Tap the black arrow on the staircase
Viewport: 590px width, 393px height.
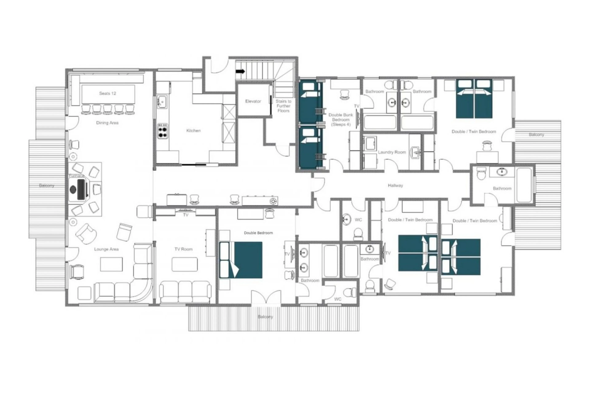coord(240,71)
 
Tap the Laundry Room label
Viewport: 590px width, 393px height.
coord(392,152)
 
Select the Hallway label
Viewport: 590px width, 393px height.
coord(395,186)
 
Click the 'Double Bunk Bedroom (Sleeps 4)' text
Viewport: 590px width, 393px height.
coord(340,119)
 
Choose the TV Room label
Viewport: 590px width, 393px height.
coord(183,249)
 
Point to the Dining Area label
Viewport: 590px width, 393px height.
coord(107,123)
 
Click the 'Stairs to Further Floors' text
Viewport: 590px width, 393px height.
coord(283,106)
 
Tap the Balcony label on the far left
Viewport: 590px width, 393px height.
coord(47,186)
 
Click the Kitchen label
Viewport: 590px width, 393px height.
coord(193,131)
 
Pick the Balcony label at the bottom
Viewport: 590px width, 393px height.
coord(265,317)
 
